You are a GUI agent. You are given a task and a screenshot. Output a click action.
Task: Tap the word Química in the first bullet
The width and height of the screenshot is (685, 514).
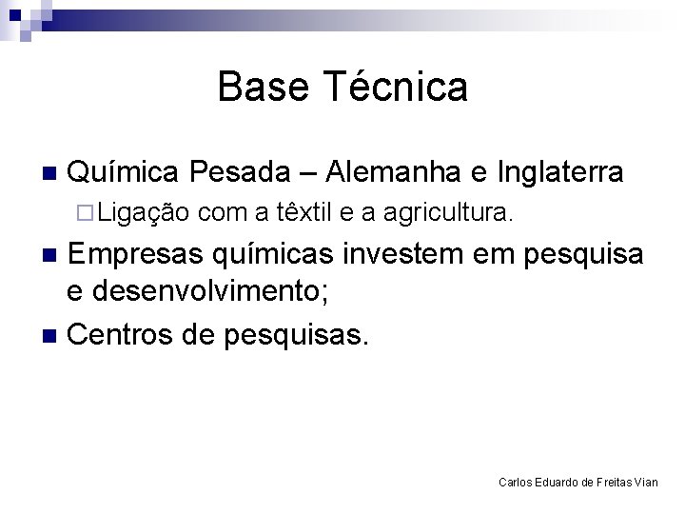124,172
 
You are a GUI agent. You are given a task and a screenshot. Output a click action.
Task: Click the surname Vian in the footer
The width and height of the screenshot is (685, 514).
645,483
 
